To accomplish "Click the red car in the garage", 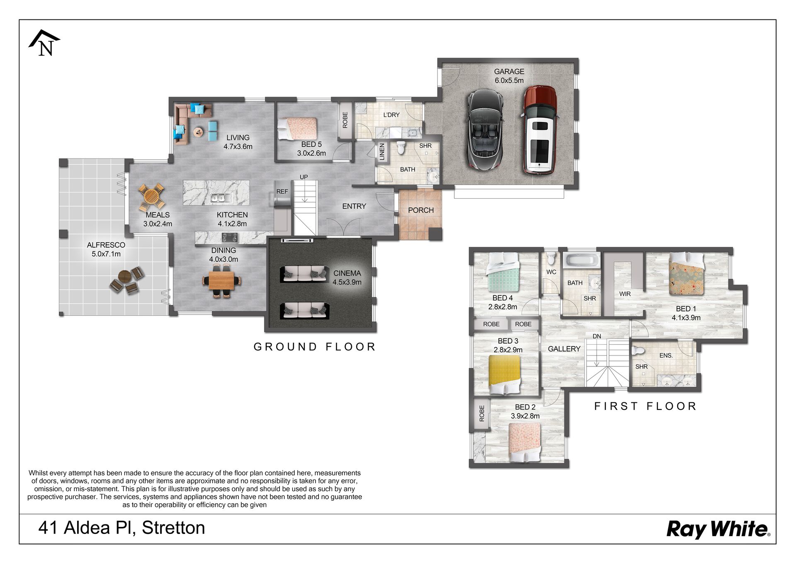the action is coord(539,129).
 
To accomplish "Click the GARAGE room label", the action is coord(509,72).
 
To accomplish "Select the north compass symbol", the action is coord(44,43).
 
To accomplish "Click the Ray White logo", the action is coord(718,530).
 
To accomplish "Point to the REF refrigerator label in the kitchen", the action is coord(282,192).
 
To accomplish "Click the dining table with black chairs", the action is coord(222,281).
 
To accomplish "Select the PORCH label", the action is coord(421,210).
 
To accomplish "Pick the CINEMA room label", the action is coord(347,273).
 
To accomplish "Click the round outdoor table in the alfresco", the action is coord(125,275).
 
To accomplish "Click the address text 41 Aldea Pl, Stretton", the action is coord(121,528).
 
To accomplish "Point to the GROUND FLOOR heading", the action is coord(315,347).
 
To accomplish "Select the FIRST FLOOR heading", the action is coord(646,406).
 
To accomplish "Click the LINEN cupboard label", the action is coord(382,152).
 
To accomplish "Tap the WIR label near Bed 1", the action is coord(625,294).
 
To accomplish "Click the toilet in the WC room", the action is coord(551,258).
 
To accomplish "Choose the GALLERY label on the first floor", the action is coord(564,349).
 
